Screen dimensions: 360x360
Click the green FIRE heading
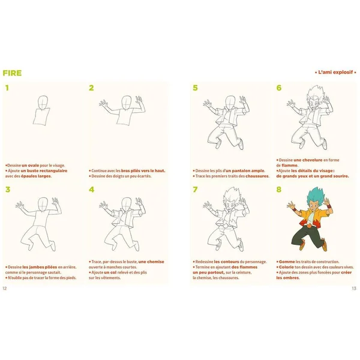pyautogui.click(x=12, y=73)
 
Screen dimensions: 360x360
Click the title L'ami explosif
pyautogui.click(x=335, y=73)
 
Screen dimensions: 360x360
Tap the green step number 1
pyautogui.click(x=7, y=88)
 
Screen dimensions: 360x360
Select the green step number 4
pyautogui.click(x=91, y=190)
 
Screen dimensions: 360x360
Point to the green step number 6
pyautogui.click(x=279, y=88)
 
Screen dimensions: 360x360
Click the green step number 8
pyautogui.click(x=279, y=190)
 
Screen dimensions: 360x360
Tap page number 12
pyautogui.click(x=5, y=289)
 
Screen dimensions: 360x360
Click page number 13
pyautogui.click(x=354, y=289)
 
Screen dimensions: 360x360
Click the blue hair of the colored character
pyautogui.click(x=298, y=207)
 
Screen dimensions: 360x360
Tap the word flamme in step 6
pyautogui.click(x=286, y=165)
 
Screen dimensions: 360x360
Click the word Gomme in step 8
pyautogui.click(x=286, y=262)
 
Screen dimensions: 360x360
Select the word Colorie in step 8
pyautogui.click(x=287, y=267)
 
